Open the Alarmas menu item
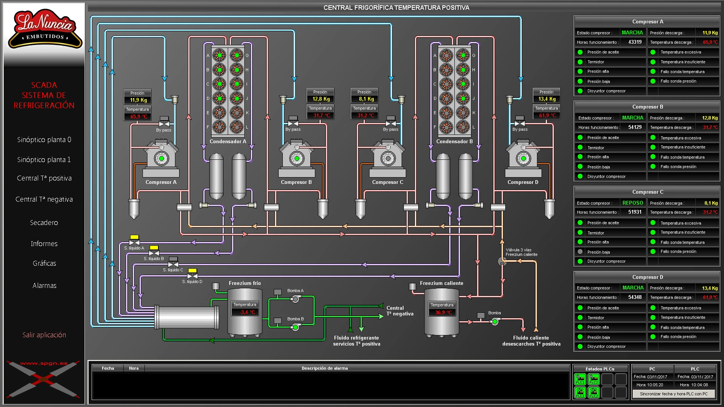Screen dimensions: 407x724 pyautogui.click(x=44, y=286)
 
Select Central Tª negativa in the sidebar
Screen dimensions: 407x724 pyautogui.click(x=44, y=199)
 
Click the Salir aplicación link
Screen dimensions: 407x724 pyautogui.click(x=44, y=335)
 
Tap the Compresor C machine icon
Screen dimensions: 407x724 pyautogui.click(x=388, y=158)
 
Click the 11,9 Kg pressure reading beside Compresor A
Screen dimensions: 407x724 pyautogui.click(x=138, y=100)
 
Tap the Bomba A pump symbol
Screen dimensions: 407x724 pyautogui.click(x=295, y=299)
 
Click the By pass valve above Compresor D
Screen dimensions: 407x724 pyautogui.click(x=520, y=122)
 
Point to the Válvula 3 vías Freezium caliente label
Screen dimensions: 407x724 pyautogui.click(x=521, y=252)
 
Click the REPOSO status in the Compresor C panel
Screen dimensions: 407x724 pyautogui.click(x=632, y=203)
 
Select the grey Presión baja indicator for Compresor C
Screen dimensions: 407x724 pyautogui.click(x=580, y=252)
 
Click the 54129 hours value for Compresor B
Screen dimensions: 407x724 pyautogui.click(x=635, y=127)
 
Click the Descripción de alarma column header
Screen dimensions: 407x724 pyautogui.click(x=324, y=368)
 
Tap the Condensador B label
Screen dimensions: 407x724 pyautogui.click(x=454, y=142)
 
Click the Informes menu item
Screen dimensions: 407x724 pyautogui.click(x=44, y=244)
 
